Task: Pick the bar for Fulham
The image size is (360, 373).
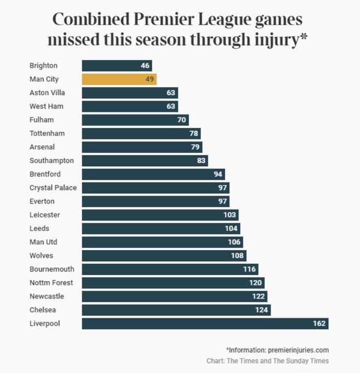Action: click(135, 120)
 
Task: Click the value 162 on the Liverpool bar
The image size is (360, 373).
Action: click(319, 324)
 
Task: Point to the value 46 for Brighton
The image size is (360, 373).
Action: click(145, 65)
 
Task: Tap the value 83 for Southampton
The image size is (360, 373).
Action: click(201, 161)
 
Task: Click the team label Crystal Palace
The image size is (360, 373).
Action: click(53, 188)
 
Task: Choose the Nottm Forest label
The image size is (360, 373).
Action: click(52, 283)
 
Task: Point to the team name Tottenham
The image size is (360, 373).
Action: click(47, 133)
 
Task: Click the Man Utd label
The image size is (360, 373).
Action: click(43, 242)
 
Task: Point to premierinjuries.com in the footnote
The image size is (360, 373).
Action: click(299, 349)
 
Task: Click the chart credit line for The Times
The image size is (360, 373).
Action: click(268, 360)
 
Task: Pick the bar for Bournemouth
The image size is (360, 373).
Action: click(169, 269)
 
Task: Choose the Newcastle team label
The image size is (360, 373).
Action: click(47, 296)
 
